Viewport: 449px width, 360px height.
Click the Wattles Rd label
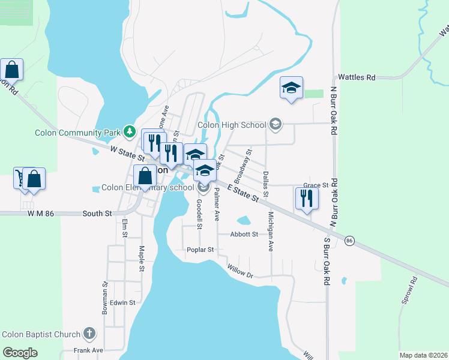pyautogui.click(x=357, y=77)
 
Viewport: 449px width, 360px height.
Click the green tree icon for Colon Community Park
pyautogui.click(x=128, y=130)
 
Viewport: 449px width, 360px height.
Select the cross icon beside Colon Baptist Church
pyautogui.click(x=89, y=333)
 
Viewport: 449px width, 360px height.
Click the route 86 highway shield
pyautogui.click(x=349, y=240)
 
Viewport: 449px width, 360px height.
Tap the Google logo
pyautogui.click(x=20, y=353)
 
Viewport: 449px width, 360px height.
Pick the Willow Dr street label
pyautogui.click(x=241, y=272)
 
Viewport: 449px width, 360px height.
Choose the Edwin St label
pyautogui.click(x=122, y=303)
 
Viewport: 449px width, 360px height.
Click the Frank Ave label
pyautogui.click(x=88, y=350)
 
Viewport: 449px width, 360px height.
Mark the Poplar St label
pyautogui.click(x=200, y=250)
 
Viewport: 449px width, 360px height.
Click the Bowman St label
pyautogui.click(x=104, y=298)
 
